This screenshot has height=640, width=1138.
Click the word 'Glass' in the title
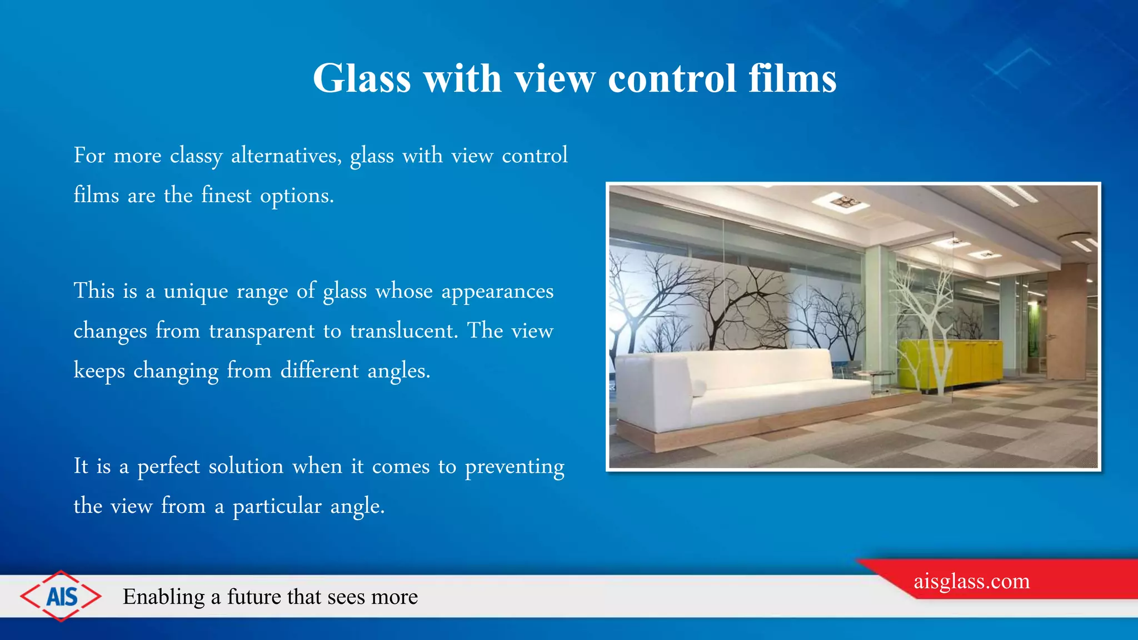point(361,78)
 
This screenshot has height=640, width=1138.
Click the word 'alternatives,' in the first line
point(286,156)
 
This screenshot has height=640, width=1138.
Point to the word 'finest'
point(226,196)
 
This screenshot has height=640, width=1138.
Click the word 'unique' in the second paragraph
point(196,292)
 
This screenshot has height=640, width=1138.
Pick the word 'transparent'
point(262,332)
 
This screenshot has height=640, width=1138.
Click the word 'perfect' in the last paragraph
point(168,467)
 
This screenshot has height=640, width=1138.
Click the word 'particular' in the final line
point(277,507)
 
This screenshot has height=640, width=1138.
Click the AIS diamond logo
point(61,596)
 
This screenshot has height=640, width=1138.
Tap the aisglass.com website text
point(971,581)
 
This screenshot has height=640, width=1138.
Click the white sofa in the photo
point(745,389)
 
